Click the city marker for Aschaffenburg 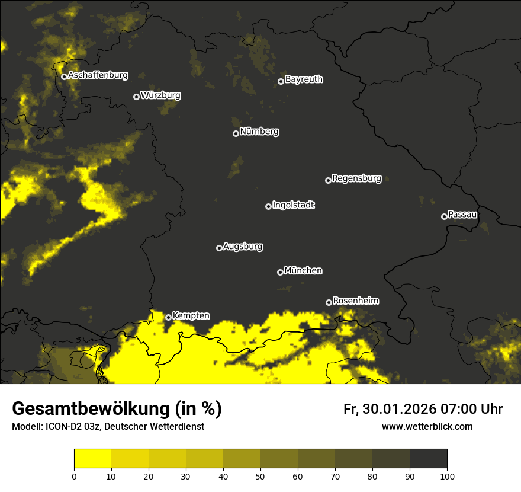[64, 76]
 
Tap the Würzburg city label [160, 95]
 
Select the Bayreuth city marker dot [281, 81]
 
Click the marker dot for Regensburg [328, 180]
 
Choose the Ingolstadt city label [294, 205]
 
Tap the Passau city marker [444, 216]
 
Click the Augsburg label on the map [243, 247]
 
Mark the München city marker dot [280, 272]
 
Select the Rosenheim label [355, 301]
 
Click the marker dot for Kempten [168, 317]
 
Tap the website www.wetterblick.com [427, 426]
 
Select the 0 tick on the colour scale [74, 476]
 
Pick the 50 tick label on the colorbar [260, 476]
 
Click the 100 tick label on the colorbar [447, 476]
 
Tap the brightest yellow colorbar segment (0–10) [92, 459]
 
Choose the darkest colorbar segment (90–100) [428, 459]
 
